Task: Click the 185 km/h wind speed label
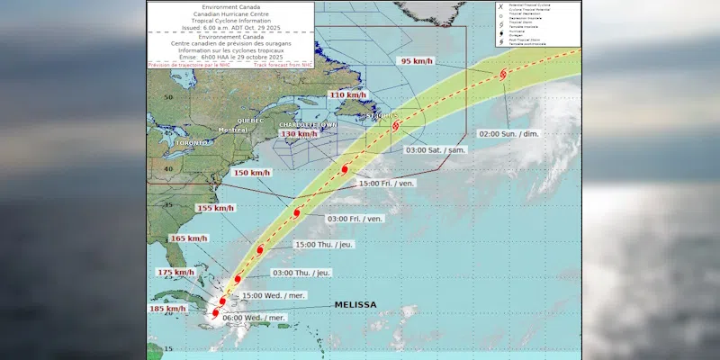tap(168, 309)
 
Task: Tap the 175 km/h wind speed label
tap(175, 272)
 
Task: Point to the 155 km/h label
tap(214, 208)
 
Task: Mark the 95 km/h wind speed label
tap(417, 62)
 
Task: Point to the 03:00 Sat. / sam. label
tap(436, 149)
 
